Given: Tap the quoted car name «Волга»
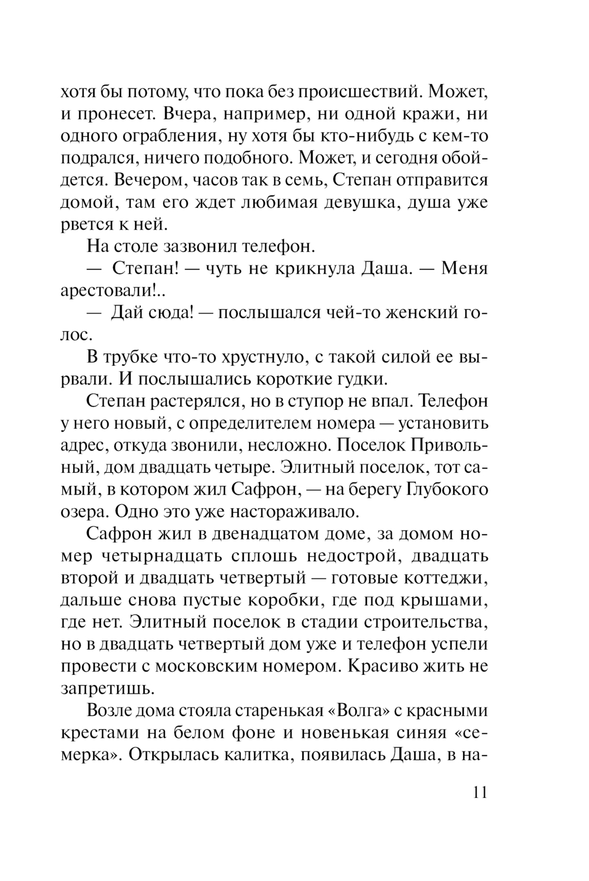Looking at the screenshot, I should coord(360,710).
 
